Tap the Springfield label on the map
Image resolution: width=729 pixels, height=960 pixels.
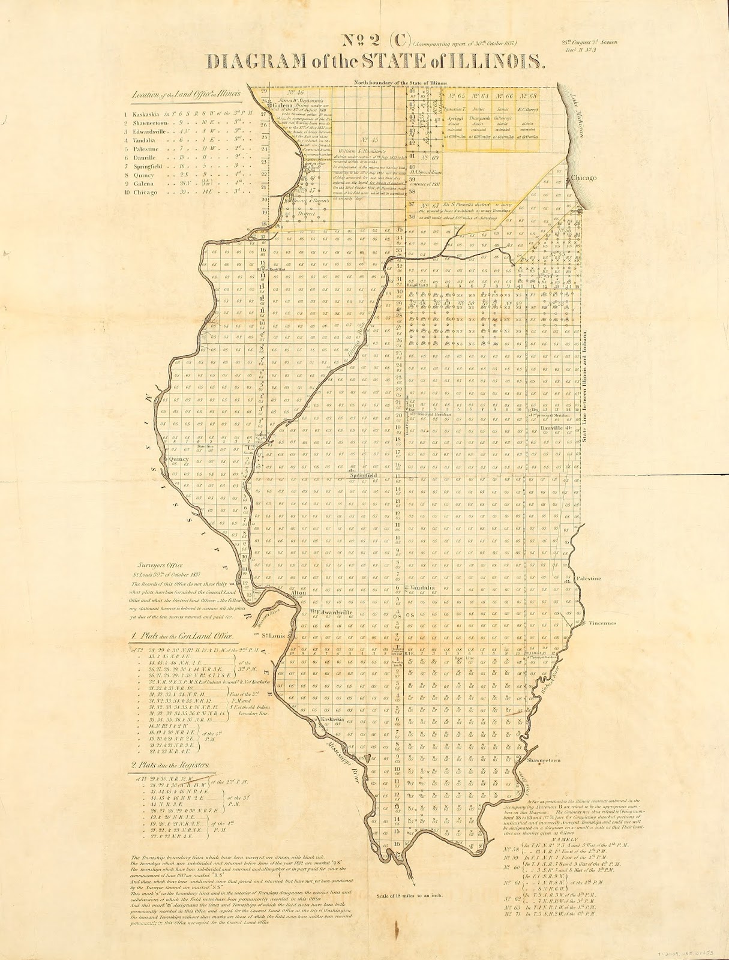[359, 475]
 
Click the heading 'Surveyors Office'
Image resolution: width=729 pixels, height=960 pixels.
[164, 565]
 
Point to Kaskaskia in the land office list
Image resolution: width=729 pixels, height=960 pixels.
[143, 112]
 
